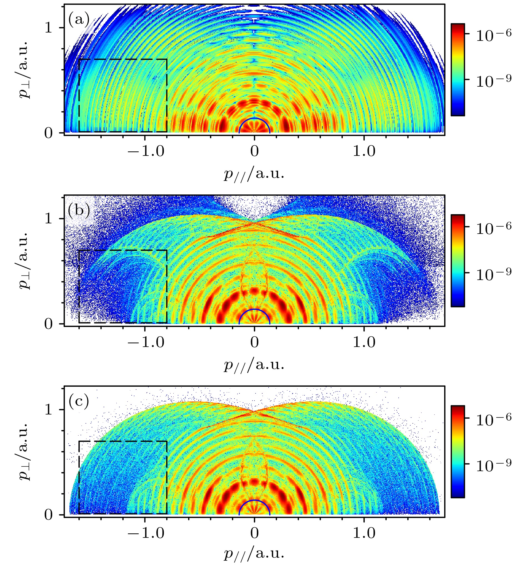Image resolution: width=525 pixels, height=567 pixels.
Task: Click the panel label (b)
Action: coord(79,211)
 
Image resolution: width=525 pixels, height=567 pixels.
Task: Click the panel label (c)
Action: coord(79,401)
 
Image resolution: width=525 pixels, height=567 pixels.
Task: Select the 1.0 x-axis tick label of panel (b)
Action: coord(364,342)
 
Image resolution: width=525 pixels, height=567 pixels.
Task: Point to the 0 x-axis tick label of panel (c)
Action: coord(254,533)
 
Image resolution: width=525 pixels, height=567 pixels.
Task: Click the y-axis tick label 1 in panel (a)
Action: coord(49,28)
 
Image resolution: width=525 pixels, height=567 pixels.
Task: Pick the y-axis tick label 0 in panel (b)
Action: coord(49,324)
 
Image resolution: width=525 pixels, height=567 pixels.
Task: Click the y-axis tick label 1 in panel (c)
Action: coord(49,410)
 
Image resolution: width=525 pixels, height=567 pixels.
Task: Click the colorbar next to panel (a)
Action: coord(458,70)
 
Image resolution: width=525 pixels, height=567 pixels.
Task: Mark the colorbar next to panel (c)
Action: coord(458,452)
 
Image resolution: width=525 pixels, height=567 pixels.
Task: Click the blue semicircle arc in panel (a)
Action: coord(254,118)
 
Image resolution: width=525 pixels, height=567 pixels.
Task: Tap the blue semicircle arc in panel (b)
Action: coord(254,309)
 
